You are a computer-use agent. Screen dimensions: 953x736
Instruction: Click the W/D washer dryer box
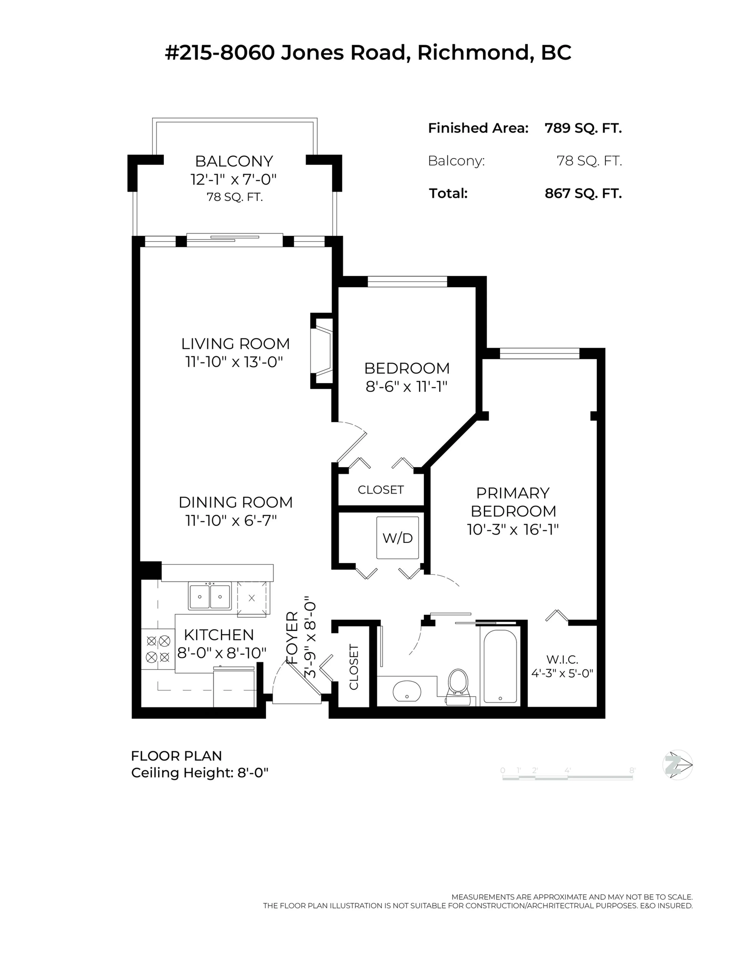pos(398,538)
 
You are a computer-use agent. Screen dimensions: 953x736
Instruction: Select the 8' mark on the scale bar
pos(632,771)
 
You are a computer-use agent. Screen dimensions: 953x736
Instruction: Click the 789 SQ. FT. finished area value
pos(583,128)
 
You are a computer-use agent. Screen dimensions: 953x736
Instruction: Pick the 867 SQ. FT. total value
pos(583,193)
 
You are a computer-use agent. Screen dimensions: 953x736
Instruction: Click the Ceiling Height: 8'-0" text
pos(199,773)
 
